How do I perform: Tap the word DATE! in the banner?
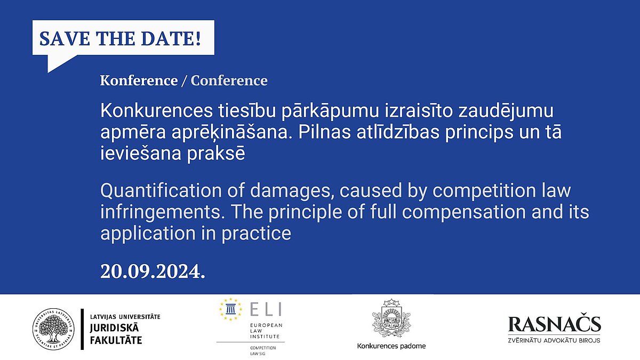[171, 38]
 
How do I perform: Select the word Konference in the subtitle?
[139, 81]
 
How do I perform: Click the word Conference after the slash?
[229, 81]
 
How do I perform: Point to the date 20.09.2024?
[153, 271]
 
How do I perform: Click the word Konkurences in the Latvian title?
[157, 111]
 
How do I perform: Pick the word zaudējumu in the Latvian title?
[506, 111]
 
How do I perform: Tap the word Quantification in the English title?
[161, 190]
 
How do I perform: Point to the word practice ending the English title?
[257, 234]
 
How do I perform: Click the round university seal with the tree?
[53, 329]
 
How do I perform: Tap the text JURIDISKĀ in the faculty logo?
[114, 328]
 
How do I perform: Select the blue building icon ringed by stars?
[230, 309]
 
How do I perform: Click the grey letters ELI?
[266, 309]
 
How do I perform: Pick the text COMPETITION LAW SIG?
[263, 350]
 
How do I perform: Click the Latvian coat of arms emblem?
[391, 318]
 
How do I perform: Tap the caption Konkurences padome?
[391, 346]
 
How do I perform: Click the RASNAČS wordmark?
[554, 324]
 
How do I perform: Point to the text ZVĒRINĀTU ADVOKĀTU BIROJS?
[554, 340]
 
